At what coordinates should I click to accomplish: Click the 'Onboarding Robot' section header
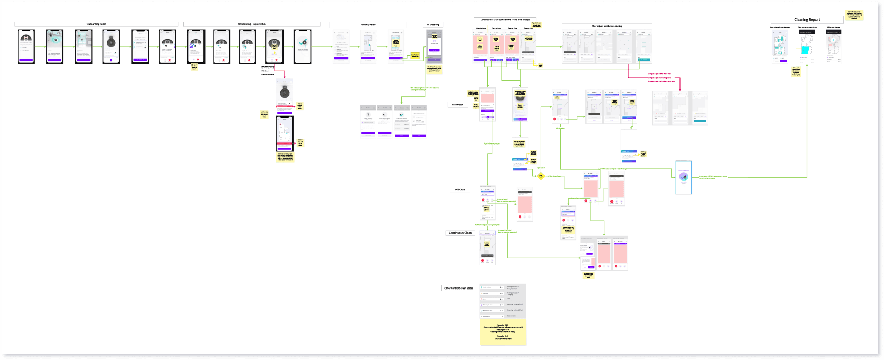click(x=96, y=24)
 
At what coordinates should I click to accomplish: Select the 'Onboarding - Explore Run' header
click(x=252, y=24)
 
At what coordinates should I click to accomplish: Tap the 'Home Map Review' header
click(x=368, y=25)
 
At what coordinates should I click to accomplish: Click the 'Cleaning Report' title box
click(x=807, y=20)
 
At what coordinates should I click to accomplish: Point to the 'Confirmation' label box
click(x=458, y=105)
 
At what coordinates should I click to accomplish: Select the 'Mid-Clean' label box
click(x=460, y=190)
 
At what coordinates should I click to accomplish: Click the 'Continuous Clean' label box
click(x=460, y=233)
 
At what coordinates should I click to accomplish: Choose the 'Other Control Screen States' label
click(x=458, y=289)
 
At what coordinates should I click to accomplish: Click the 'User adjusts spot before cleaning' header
click(x=606, y=26)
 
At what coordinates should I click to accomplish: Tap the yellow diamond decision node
click(x=541, y=176)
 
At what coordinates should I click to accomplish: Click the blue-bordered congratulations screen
click(x=684, y=177)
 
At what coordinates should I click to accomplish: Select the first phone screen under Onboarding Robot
click(x=26, y=46)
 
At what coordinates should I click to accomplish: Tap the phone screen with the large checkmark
click(x=302, y=46)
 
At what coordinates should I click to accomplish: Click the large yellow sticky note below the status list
click(x=503, y=332)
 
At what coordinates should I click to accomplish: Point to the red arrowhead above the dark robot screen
click(x=285, y=77)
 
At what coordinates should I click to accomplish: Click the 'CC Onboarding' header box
click(x=433, y=25)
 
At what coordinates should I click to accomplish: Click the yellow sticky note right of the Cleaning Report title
click(x=854, y=15)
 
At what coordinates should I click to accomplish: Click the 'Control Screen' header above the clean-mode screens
click(x=505, y=20)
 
